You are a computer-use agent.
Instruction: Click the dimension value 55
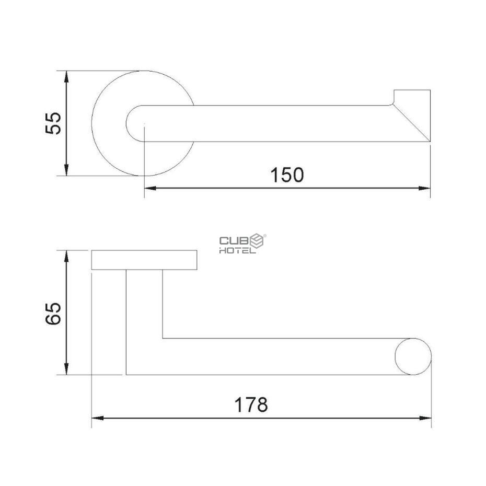point(53,123)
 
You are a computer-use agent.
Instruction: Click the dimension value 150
point(287,175)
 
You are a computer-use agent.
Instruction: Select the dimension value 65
point(53,313)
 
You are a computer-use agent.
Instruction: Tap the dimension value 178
point(251,405)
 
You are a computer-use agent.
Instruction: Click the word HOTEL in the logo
point(238,250)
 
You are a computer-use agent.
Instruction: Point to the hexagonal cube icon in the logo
point(257,241)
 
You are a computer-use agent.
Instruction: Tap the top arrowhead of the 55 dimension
point(66,76)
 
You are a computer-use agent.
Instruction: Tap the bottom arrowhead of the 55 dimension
point(66,170)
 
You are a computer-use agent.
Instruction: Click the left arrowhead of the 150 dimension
point(151,188)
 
